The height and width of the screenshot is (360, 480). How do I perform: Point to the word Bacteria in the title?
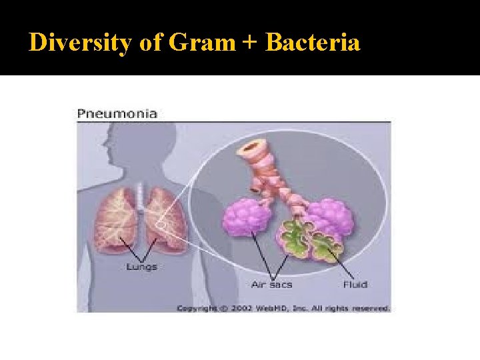(x=313, y=43)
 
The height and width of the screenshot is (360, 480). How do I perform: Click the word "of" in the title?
(x=151, y=43)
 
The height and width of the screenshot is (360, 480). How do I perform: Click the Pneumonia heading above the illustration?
(x=117, y=113)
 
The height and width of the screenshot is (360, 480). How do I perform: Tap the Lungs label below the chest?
(x=141, y=267)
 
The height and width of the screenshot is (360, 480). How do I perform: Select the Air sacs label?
(x=271, y=285)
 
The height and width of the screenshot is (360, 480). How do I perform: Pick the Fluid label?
(x=355, y=285)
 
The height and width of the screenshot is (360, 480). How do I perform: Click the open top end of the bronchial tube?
(x=252, y=146)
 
